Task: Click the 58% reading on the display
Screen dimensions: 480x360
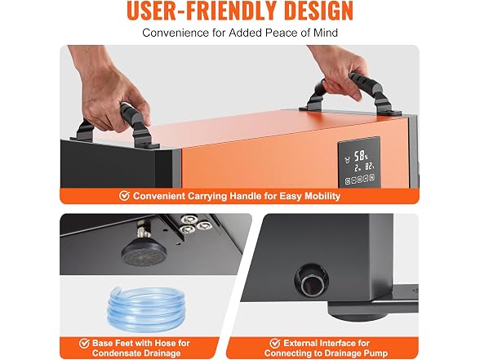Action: pyautogui.click(x=361, y=156)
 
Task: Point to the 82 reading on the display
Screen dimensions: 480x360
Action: pyautogui.click(x=370, y=167)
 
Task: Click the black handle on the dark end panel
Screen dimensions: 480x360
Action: pyautogui.click(x=115, y=126)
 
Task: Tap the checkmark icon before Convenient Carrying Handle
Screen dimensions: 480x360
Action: pyautogui.click(x=124, y=196)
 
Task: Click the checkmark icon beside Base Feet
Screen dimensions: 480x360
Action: pyautogui.click(x=84, y=343)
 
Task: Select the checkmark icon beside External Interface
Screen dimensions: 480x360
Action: pyautogui.click(x=275, y=343)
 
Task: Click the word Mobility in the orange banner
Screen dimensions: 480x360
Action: pyautogui.click(x=322, y=196)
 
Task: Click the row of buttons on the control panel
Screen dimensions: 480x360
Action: pyautogui.click(x=360, y=179)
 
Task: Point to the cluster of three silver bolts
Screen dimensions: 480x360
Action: pyautogui.click(x=193, y=224)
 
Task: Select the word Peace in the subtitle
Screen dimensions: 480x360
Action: pyautogui.click(x=282, y=33)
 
